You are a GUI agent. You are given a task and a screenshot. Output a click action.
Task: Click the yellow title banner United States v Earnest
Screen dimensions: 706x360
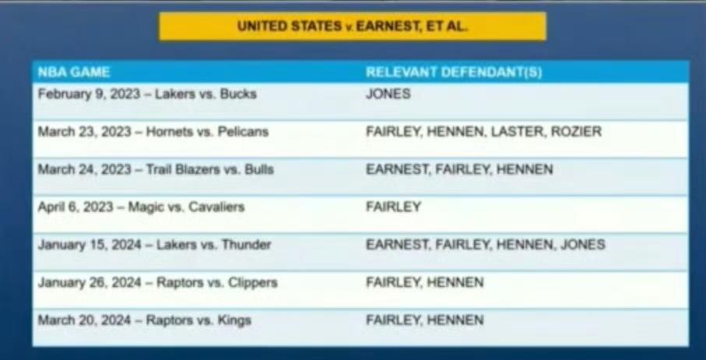point(352,26)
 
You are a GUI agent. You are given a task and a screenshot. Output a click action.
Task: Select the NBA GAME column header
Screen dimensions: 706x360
point(74,72)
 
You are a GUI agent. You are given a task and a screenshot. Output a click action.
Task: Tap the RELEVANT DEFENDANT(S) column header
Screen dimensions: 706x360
point(454,72)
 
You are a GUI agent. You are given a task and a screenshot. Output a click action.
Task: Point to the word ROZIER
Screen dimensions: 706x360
point(577,132)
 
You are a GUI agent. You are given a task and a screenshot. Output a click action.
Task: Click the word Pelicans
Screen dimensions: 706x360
point(243,132)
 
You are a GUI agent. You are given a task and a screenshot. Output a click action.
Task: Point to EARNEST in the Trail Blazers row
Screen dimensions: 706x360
point(397,170)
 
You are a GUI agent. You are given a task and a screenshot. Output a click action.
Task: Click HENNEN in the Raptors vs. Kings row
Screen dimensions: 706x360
point(455,320)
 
